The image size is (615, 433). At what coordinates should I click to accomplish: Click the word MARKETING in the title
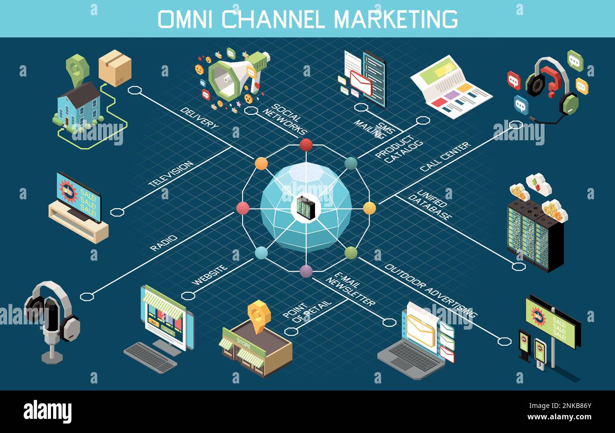(x=395, y=19)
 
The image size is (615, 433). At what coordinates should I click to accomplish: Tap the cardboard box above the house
(x=115, y=68)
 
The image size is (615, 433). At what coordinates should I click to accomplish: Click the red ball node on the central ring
(x=306, y=144)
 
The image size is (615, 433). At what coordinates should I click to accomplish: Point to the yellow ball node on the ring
(x=369, y=208)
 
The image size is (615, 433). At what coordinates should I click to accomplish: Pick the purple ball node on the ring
(x=306, y=271)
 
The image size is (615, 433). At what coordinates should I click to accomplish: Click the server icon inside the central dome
(x=306, y=207)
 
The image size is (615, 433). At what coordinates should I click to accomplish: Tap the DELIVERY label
(x=199, y=118)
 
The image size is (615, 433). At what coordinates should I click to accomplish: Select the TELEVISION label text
(x=171, y=174)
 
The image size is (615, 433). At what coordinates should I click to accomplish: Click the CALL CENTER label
(x=445, y=156)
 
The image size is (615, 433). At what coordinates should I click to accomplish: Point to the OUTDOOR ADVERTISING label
(x=430, y=290)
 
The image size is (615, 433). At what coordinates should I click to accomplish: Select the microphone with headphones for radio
(x=52, y=319)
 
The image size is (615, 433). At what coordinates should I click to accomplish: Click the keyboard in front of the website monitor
(x=150, y=357)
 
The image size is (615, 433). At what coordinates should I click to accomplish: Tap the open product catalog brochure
(x=451, y=87)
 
